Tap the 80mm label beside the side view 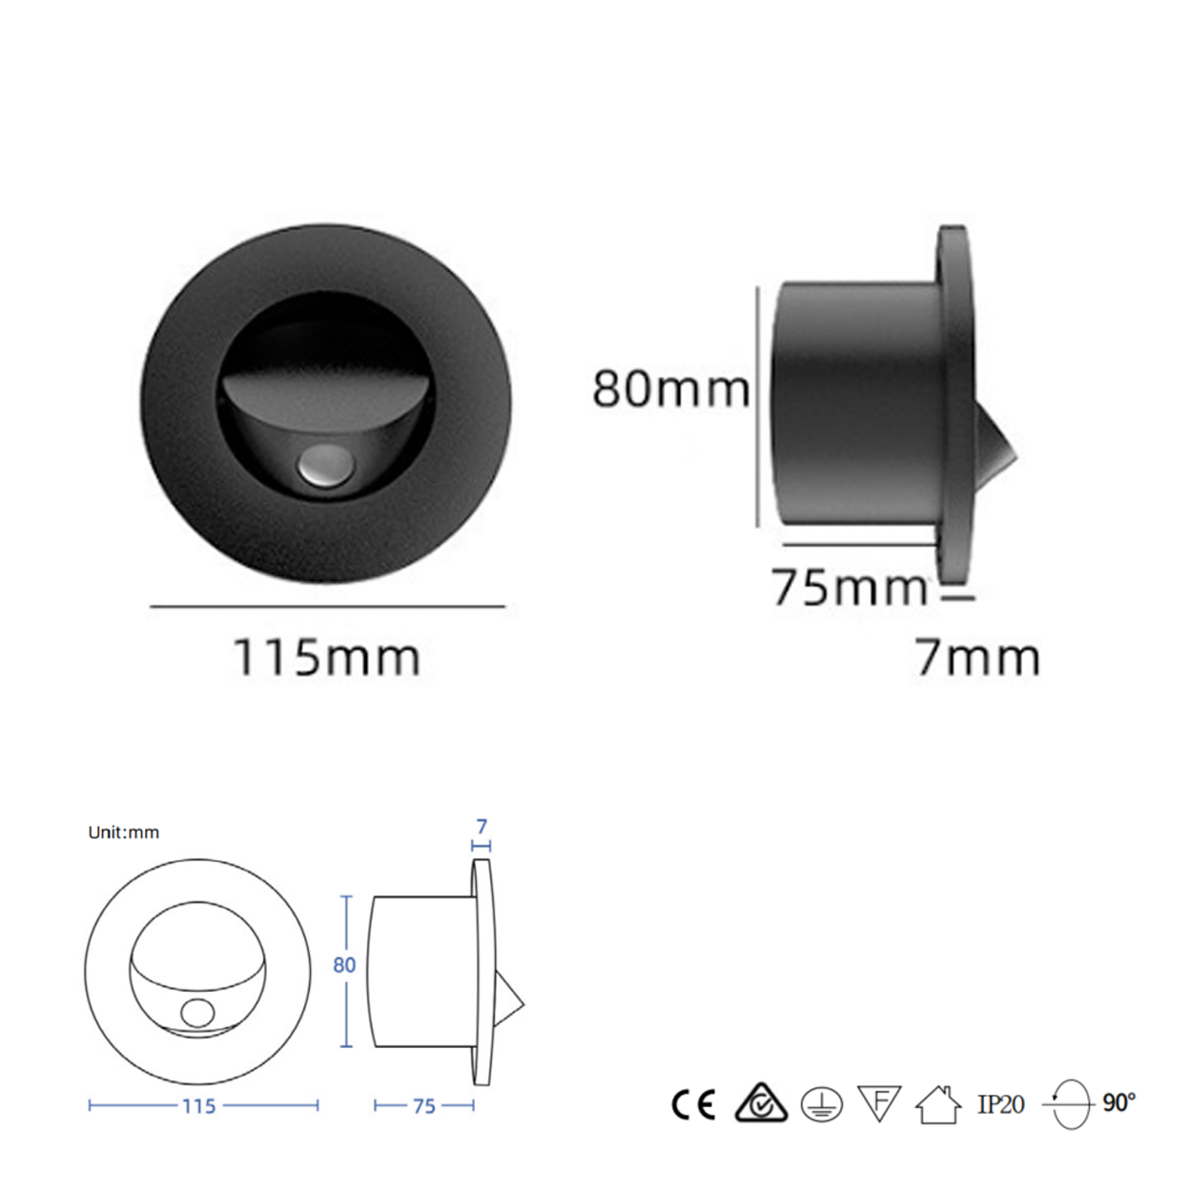[x=671, y=389]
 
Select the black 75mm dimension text [x=850, y=587]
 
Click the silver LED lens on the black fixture [x=322, y=464]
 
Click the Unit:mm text [x=124, y=832]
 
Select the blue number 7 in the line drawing [x=482, y=827]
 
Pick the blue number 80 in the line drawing [x=344, y=965]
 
